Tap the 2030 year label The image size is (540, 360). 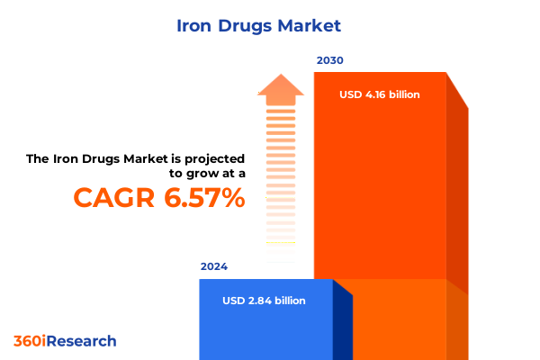coord(329,60)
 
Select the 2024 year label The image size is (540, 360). coord(214,267)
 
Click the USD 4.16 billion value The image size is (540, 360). coord(379,94)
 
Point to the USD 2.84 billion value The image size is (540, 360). coord(264,301)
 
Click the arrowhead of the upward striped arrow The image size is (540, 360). coord(280,88)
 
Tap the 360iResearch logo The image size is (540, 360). coord(65,341)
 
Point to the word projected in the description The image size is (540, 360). coord(211,158)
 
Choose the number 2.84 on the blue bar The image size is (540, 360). coord(263,301)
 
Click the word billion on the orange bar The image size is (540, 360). coord(405,94)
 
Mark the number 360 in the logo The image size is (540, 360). coord(28,341)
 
